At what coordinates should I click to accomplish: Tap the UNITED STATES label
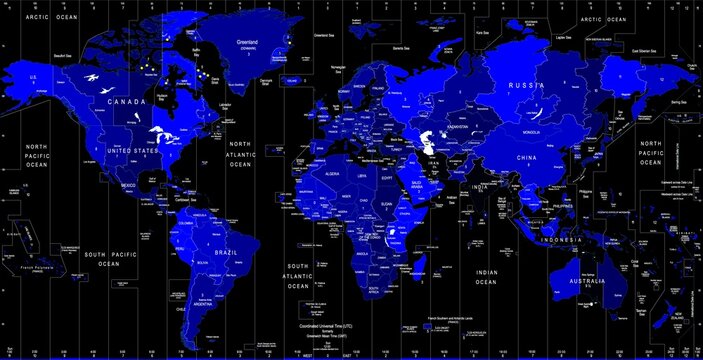point(133,151)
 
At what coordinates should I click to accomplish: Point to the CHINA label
point(527,158)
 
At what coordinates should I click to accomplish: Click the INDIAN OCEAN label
point(486,277)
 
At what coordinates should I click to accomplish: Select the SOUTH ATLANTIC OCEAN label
point(298,275)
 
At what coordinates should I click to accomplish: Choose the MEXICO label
point(129,185)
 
